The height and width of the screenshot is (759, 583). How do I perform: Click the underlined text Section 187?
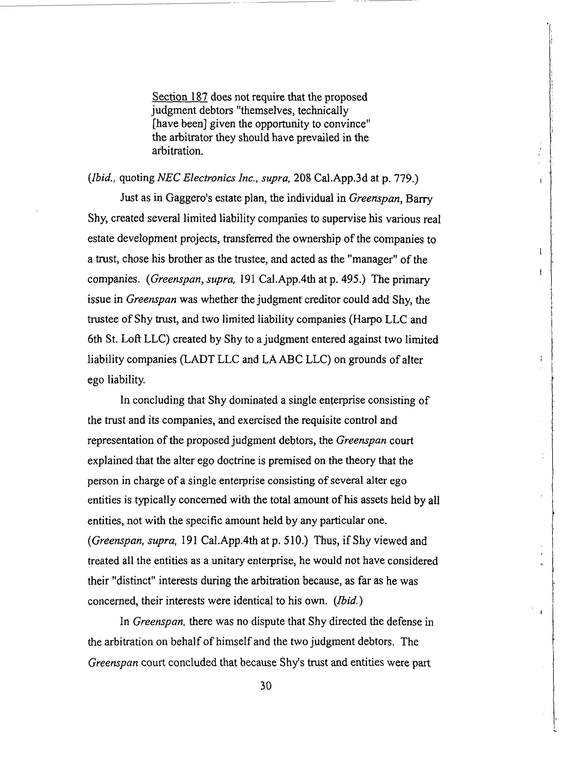(x=179, y=97)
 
